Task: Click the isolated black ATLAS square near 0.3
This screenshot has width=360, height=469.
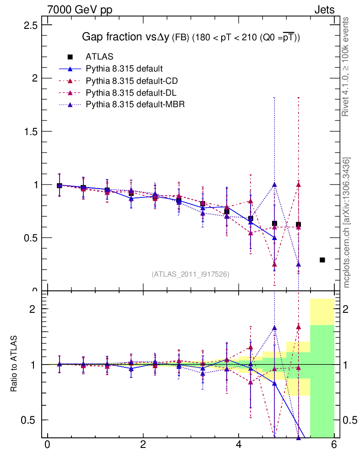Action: [322, 260]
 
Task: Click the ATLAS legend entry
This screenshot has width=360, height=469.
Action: [99, 57]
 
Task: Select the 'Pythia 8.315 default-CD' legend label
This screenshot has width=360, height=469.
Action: [131, 81]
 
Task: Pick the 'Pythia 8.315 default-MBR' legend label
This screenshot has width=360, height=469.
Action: [135, 105]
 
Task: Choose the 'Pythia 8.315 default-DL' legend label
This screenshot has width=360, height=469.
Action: [131, 93]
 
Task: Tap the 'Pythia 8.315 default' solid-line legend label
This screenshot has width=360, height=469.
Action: [124, 69]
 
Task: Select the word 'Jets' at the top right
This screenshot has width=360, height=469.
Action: [324, 10]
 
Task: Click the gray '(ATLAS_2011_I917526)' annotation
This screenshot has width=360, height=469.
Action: [191, 274]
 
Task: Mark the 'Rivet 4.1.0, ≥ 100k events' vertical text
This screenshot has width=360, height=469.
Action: [346, 66]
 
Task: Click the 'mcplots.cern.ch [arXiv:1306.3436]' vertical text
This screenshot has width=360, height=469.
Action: [347, 222]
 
